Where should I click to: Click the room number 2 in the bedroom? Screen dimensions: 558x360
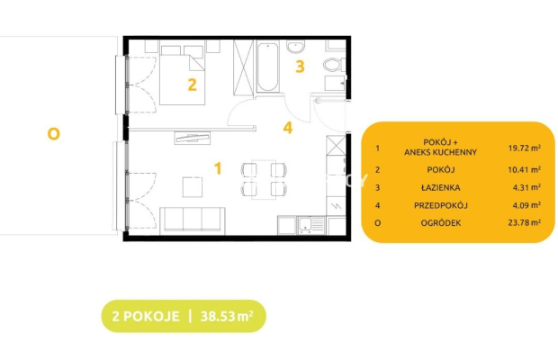(x=193, y=85)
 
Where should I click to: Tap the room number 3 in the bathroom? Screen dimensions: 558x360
(x=300, y=67)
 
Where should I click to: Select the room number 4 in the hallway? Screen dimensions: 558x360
(x=288, y=128)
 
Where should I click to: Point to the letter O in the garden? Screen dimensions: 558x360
(x=54, y=134)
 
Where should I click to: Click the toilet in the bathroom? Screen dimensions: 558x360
(x=334, y=65)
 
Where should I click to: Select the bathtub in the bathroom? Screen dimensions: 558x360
(x=267, y=67)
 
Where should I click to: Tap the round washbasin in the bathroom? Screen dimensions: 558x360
(x=296, y=46)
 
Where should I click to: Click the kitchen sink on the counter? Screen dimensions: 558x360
(x=311, y=225)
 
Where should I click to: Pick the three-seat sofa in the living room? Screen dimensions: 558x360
(x=193, y=220)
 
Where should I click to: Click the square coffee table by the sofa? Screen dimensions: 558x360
(x=193, y=187)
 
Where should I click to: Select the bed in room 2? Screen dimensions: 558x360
(x=182, y=75)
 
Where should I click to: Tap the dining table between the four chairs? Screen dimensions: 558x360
(x=264, y=179)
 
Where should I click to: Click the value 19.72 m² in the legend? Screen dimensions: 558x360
(x=525, y=148)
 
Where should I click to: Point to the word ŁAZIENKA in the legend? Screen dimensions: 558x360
(x=441, y=187)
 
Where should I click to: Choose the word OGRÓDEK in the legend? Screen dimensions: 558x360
(x=441, y=223)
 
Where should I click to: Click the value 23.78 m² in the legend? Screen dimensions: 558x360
(x=525, y=222)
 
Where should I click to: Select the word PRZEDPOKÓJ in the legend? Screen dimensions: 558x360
(x=441, y=205)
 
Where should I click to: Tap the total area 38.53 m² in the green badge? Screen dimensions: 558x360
(x=227, y=316)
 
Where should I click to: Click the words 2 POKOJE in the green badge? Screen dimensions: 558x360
(x=146, y=316)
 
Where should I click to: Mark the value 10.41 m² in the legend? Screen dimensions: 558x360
(x=525, y=170)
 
